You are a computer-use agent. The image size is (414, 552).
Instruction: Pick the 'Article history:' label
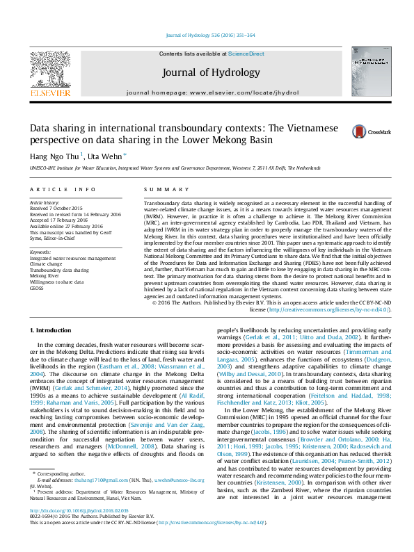point(45,202)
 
